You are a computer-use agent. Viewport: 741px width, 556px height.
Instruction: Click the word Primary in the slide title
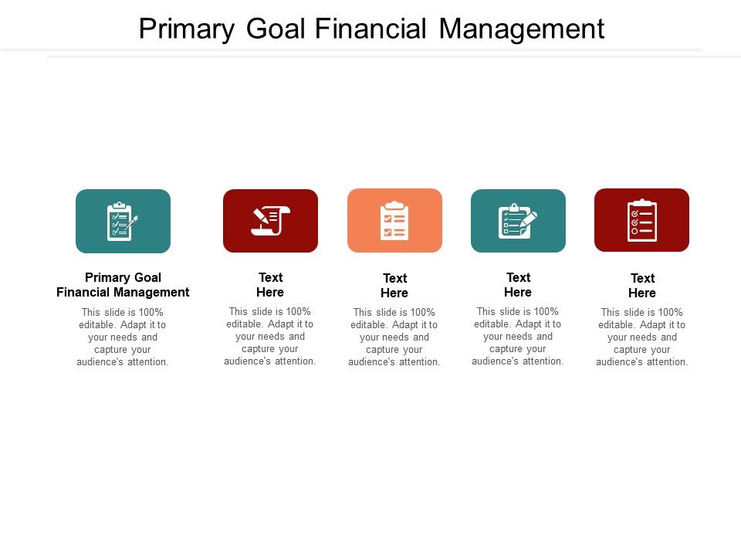click(185, 29)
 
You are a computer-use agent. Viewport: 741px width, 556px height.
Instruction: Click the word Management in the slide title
click(522, 29)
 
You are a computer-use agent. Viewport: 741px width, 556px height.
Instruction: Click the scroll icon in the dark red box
click(270, 221)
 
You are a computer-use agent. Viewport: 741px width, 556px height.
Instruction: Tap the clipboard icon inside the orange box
click(394, 221)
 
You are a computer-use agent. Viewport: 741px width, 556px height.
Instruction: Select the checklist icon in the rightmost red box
click(641, 221)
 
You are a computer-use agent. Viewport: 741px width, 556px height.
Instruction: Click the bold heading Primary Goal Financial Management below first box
click(123, 285)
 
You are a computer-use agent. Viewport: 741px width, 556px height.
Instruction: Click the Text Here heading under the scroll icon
click(270, 285)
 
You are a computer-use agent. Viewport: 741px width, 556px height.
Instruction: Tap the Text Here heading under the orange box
click(394, 286)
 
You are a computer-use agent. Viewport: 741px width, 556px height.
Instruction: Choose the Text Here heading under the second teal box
click(518, 285)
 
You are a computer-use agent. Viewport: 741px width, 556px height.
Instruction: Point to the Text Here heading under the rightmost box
click(642, 286)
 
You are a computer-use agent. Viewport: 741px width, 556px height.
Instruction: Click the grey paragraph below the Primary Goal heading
click(123, 337)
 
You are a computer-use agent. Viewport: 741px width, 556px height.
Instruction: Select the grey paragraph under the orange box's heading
click(394, 337)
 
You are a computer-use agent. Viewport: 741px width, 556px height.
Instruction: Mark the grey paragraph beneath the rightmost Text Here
click(642, 337)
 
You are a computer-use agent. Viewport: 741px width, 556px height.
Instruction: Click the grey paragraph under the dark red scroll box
click(270, 336)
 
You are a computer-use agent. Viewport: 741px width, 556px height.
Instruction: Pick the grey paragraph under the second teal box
click(518, 336)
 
